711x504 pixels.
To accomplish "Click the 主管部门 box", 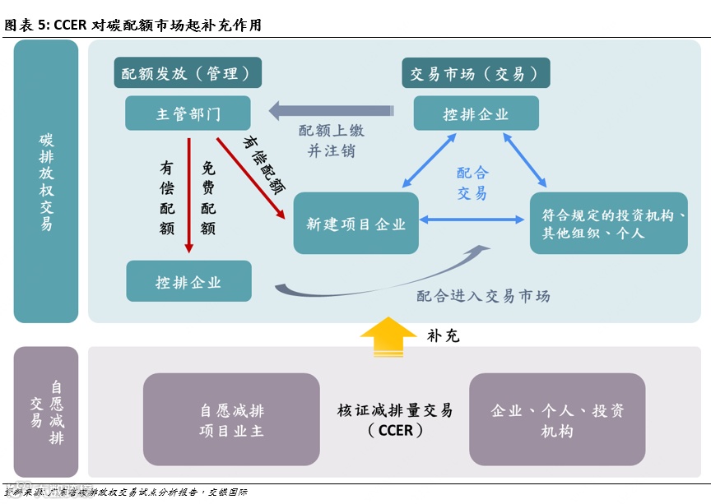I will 188,113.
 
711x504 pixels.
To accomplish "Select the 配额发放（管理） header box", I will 188,73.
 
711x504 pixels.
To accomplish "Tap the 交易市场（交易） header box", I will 476,73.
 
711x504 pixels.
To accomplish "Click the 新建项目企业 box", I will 355,223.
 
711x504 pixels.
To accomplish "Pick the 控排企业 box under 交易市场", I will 476,113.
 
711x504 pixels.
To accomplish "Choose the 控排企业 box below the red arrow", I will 188,281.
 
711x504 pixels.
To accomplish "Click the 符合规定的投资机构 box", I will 608,223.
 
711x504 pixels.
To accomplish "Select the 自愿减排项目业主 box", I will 231,419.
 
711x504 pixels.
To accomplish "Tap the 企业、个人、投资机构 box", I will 557,419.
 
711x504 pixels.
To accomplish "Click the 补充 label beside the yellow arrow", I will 443,335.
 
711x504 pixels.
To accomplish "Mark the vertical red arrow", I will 188,193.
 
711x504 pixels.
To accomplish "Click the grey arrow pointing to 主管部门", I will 329,109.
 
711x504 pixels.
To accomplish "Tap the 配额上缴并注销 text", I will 331,141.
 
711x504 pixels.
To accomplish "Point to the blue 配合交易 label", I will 472,183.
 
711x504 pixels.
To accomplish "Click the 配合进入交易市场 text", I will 483,296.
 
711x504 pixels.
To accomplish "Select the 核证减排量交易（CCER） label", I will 395,419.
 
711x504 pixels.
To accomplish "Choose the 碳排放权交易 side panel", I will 46,181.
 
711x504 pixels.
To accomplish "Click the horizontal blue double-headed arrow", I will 472,220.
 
